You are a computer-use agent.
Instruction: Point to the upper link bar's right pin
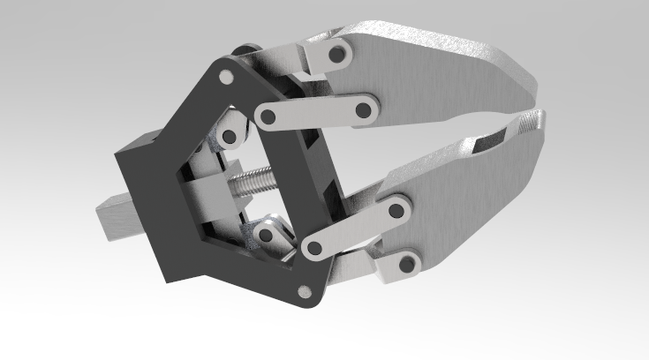(362, 110)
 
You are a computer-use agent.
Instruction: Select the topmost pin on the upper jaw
(335, 54)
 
